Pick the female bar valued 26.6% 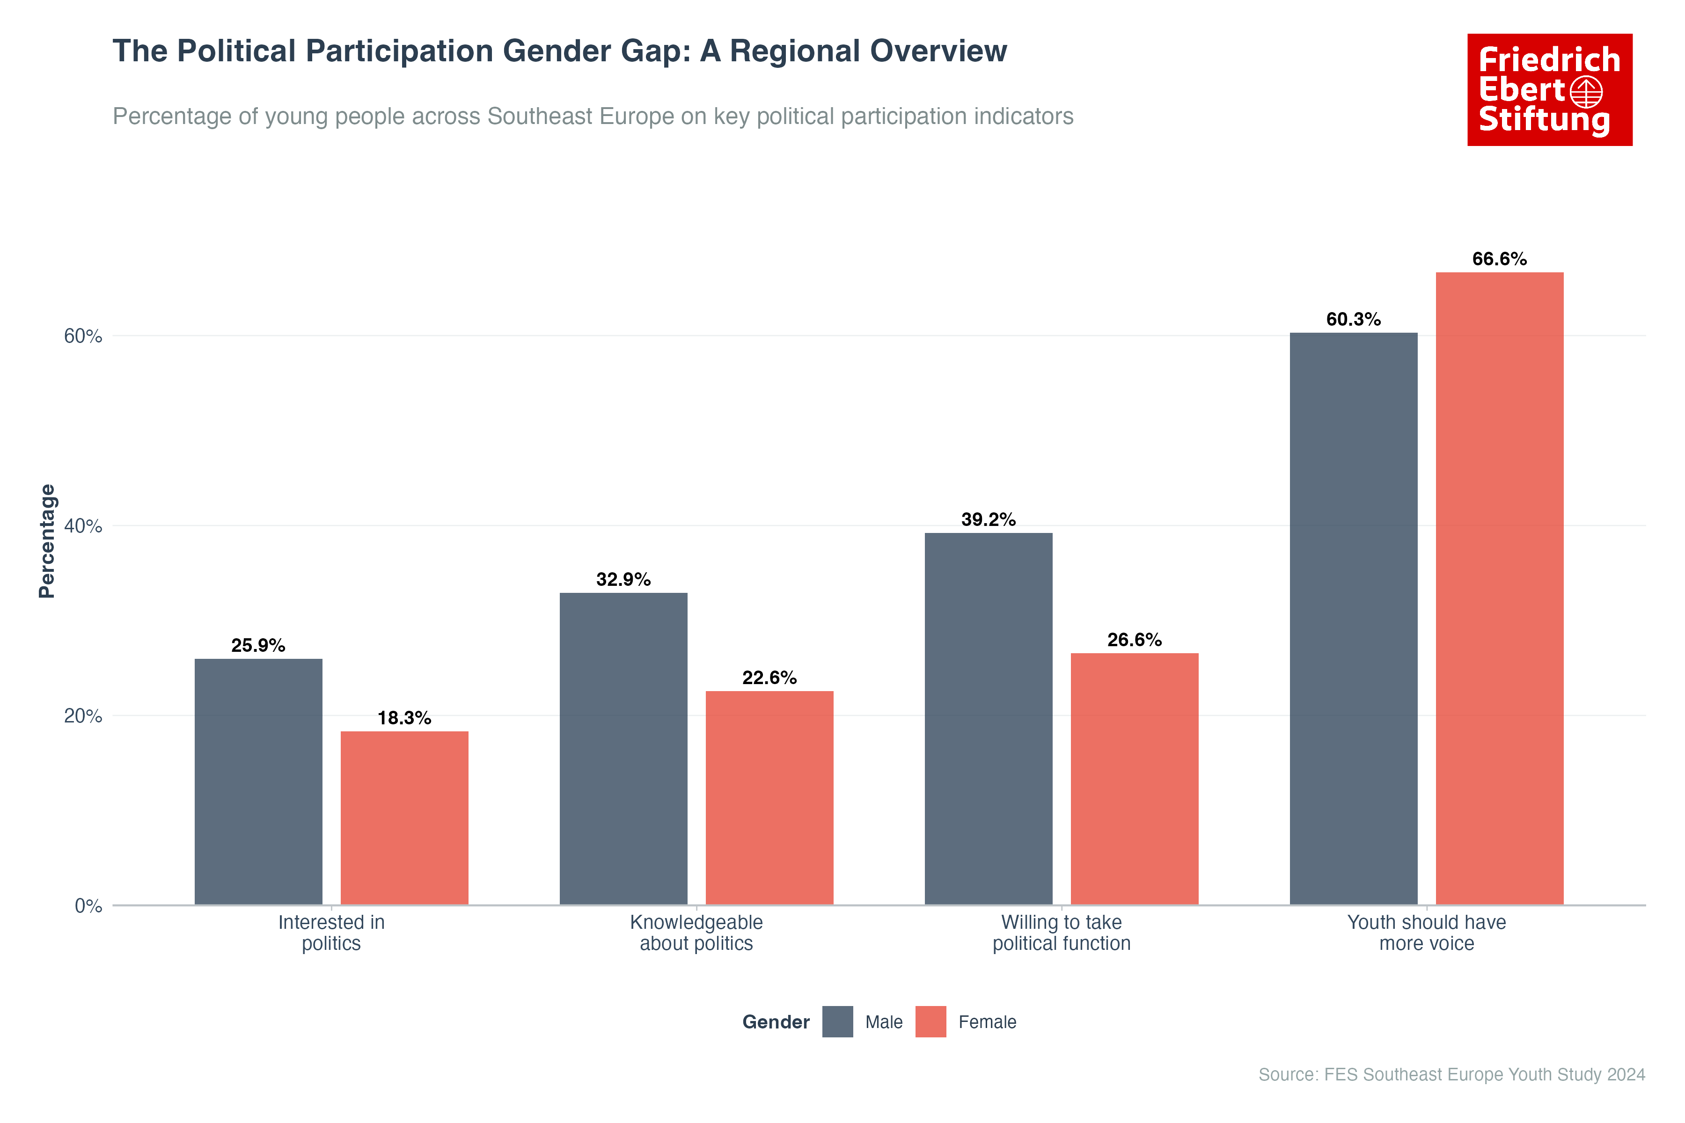1134,779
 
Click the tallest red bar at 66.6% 1500,588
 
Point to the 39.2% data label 988,519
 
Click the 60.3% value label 1353,320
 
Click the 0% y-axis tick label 88,906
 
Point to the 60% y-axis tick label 83,336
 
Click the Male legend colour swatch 837,1022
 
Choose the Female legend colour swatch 930,1022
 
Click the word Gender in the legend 776,1022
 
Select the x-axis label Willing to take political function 1061,933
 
